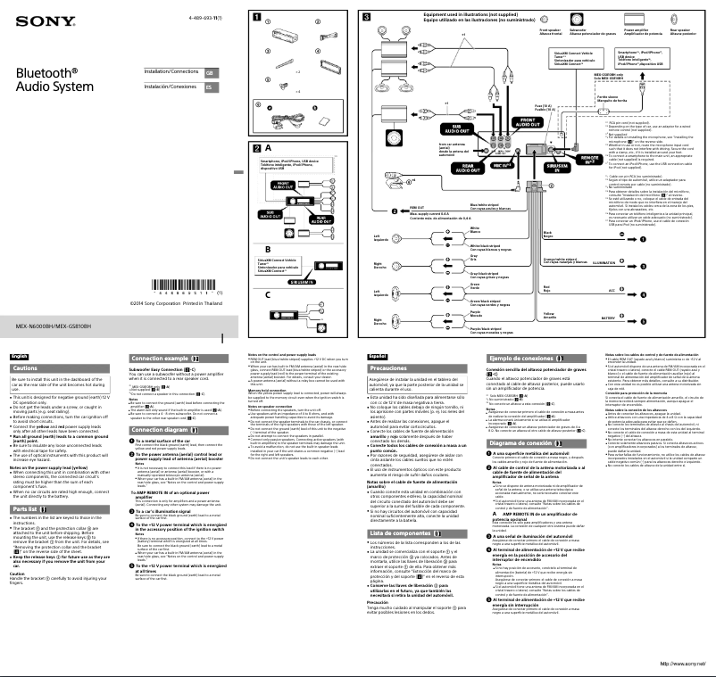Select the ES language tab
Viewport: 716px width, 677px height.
pyautogui.click(x=209, y=87)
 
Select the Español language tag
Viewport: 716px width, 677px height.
pyautogui.click(x=377, y=356)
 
